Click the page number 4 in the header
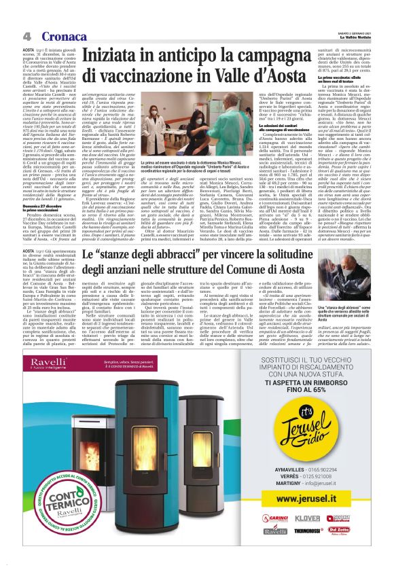[26, 36]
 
